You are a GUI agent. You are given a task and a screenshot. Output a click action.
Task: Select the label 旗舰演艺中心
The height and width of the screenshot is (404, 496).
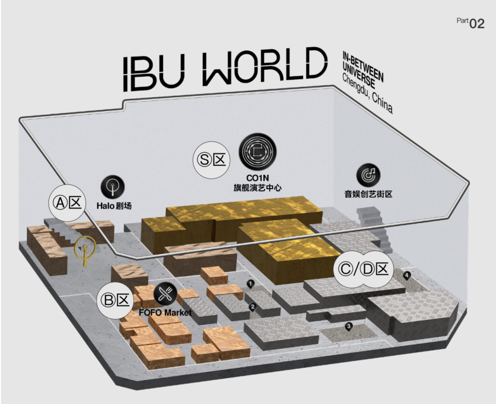[257, 188]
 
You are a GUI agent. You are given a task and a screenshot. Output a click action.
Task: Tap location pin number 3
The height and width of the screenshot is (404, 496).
[349, 327]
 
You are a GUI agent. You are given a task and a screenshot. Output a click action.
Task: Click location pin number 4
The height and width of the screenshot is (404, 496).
[407, 275]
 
